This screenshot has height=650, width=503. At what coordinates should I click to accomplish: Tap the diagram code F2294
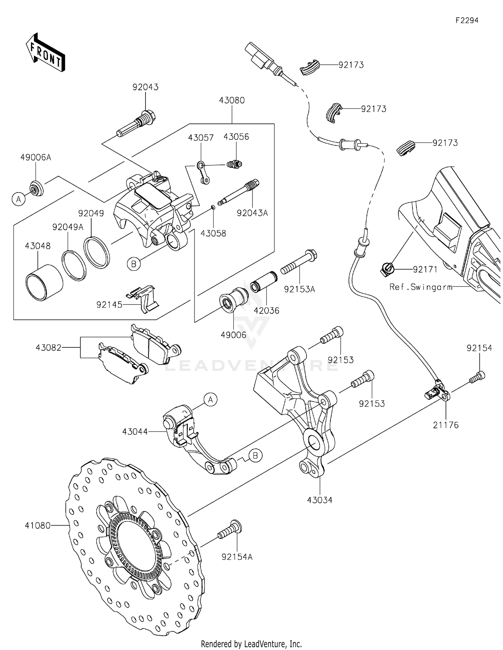click(x=466, y=20)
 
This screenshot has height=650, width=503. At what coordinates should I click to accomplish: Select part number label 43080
click(x=232, y=100)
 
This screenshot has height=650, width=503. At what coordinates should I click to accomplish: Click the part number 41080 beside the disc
click(x=37, y=525)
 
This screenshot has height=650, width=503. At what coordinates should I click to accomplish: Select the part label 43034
click(x=320, y=500)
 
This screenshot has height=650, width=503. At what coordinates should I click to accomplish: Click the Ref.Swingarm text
click(x=421, y=287)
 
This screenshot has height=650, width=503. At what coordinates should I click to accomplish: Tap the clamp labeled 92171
click(x=387, y=269)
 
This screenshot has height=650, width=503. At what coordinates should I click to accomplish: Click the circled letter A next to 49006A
click(x=19, y=199)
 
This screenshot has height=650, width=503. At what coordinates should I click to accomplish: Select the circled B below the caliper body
click(x=133, y=264)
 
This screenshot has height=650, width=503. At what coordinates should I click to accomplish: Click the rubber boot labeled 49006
click(x=233, y=298)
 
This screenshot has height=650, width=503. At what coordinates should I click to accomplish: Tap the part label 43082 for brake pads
click(x=49, y=348)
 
